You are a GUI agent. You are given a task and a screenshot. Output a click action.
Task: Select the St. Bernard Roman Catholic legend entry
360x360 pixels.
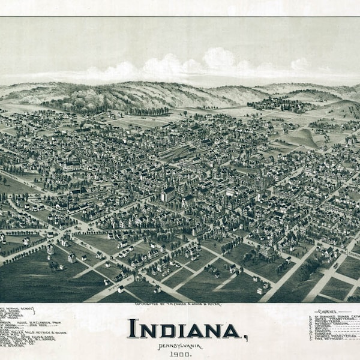[x=336, y=316]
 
